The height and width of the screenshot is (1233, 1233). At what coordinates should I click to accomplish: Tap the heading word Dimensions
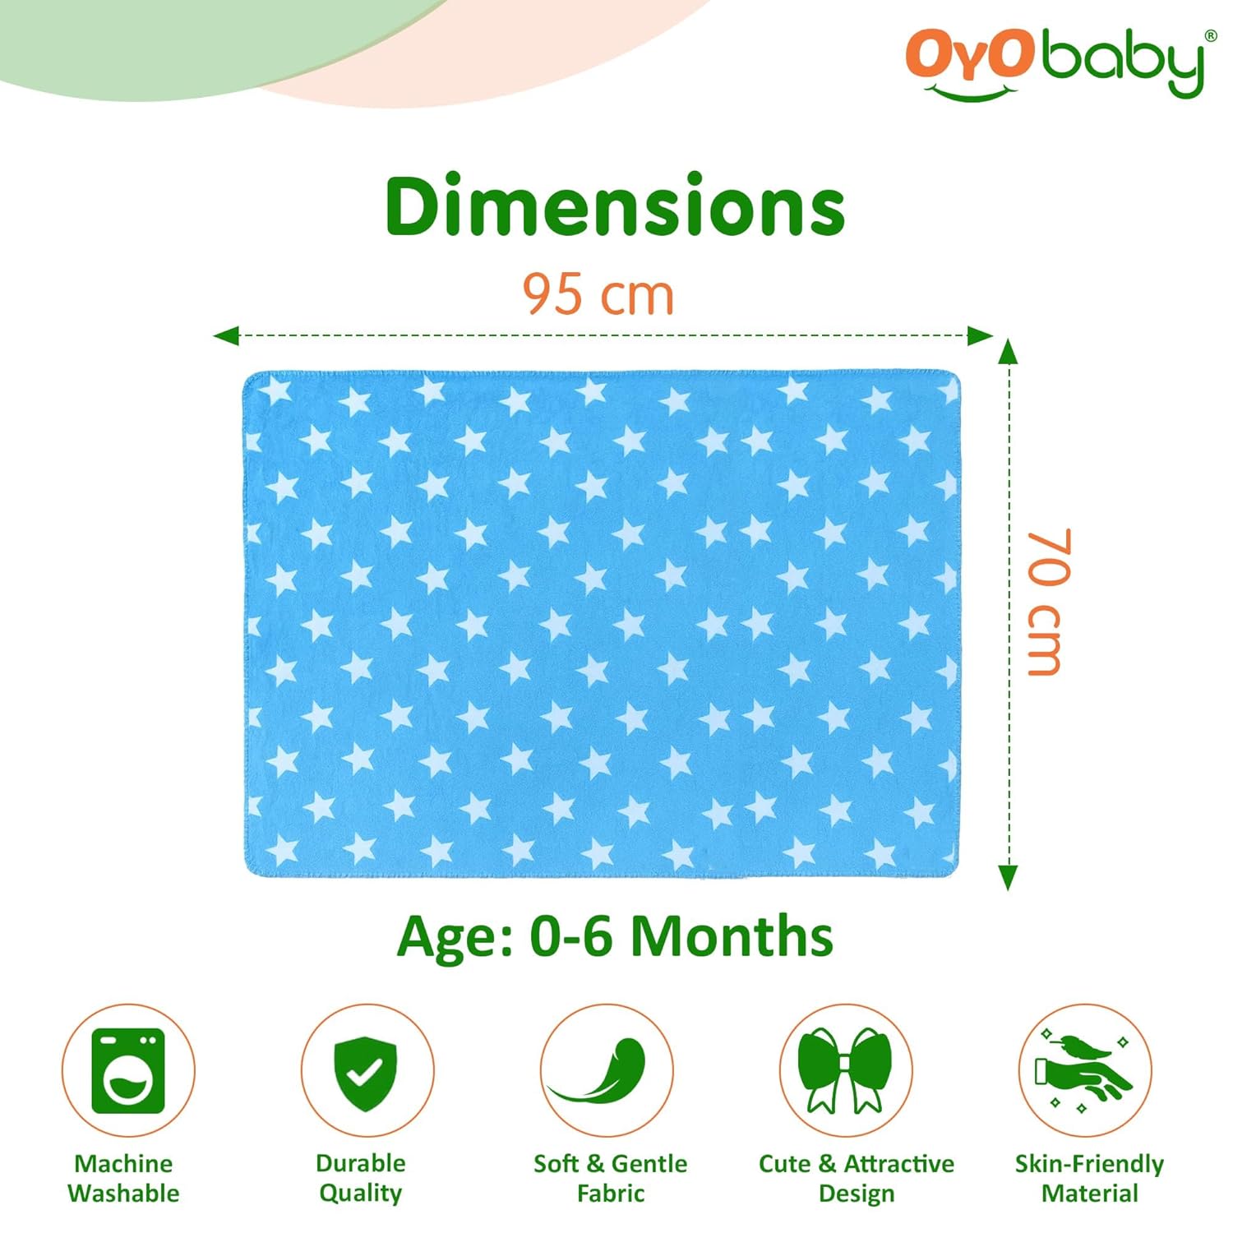[x=615, y=205]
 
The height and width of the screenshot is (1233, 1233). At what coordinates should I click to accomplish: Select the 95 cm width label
[x=598, y=294]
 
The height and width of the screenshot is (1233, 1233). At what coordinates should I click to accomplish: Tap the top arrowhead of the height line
[x=1008, y=352]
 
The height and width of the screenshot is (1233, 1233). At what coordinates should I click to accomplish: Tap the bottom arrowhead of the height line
[x=1008, y=878]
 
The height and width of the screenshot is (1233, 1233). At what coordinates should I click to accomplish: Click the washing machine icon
[x=128, y=1070]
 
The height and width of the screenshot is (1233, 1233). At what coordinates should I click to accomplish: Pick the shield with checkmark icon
[x=367, y=1070]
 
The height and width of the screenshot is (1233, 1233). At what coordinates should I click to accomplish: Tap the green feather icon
[x=606, y=1070]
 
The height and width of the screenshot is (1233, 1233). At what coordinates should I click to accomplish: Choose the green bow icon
[x=845, y=1070]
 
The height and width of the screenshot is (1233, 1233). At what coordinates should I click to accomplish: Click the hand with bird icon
[x=1084, y=1070]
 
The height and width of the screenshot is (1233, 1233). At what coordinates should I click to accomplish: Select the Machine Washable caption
[x=123, y=1178]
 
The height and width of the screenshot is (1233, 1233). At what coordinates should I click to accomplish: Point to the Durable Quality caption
[x=361, y=1178]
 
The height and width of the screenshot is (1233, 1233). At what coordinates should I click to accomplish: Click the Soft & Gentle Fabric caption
[x=610, y=1178]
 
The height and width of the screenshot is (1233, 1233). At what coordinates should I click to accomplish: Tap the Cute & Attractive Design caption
[x=857, y=1178]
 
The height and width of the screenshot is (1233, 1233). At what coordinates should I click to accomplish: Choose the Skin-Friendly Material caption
[x=1089, y=1178]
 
